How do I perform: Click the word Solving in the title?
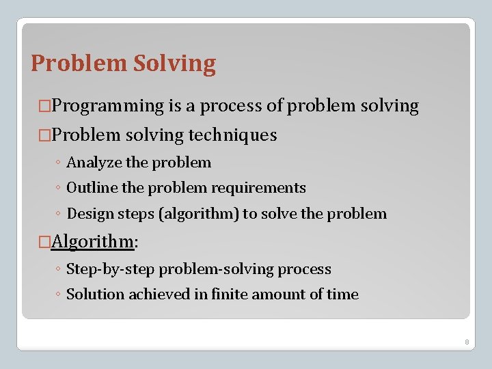(174, 64)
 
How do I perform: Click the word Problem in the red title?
(79, 64)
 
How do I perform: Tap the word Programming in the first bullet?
(108, 106)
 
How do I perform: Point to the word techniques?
(232, 135)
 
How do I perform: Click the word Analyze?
(94, 163)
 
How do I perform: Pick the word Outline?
(94, 188)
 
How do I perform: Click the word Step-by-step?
(111, 269)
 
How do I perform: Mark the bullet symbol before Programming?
(45, 107)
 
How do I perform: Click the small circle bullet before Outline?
(59, 189)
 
